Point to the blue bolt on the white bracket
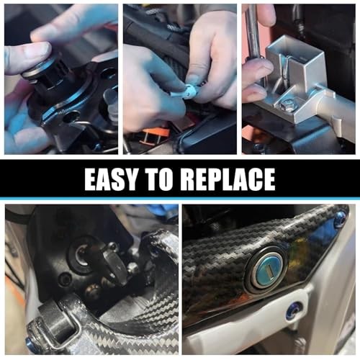(297, 309)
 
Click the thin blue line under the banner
(180, 199)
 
